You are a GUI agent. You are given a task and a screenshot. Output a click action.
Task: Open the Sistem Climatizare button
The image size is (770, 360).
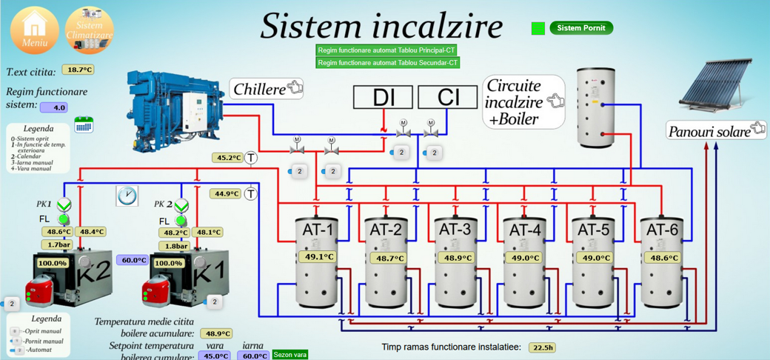coord(90,30)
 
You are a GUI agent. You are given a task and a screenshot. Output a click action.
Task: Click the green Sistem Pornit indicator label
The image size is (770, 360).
coord(581,28)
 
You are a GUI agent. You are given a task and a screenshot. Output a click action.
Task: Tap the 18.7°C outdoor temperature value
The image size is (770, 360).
coord(78,70)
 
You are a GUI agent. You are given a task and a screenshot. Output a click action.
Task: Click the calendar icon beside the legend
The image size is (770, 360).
coord(84,124)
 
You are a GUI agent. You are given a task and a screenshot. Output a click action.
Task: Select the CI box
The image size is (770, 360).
coord(448,97)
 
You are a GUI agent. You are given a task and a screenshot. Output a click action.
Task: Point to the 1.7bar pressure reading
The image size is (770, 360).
coord(59,244)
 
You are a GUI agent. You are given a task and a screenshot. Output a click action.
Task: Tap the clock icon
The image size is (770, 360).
coord(127,195)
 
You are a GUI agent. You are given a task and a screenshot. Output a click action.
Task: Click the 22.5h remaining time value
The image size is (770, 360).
coord(543,347)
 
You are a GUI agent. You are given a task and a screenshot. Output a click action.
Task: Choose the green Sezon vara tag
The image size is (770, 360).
coord(289,355)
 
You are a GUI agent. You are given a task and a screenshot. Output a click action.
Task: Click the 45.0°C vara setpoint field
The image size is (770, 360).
coord(216,356)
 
